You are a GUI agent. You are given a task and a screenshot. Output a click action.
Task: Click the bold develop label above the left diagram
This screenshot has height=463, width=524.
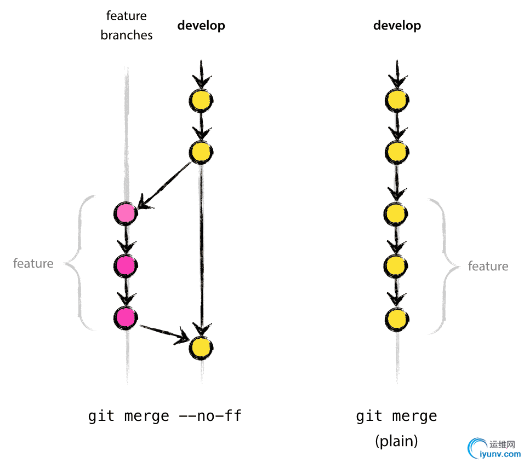[201, 26]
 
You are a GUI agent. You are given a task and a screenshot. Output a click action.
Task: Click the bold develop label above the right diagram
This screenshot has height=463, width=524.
[397, 26]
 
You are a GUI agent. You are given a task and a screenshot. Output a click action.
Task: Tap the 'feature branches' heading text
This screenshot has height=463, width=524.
[127, 26]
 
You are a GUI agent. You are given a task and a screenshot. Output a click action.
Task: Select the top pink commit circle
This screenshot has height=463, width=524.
[126, 213]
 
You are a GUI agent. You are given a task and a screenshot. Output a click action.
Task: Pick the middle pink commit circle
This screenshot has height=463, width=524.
[126, 265]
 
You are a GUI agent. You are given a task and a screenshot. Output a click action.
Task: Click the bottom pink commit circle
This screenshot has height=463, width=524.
[126, 317]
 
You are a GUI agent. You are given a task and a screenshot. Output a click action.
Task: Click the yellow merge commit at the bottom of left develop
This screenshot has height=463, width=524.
[201, 348]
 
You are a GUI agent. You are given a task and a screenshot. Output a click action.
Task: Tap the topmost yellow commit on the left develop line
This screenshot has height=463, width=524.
[201, 100]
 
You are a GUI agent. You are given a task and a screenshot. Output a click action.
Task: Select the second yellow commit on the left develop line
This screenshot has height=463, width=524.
[201, 152]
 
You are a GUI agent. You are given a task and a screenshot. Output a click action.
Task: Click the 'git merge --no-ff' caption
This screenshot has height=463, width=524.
[164, 416]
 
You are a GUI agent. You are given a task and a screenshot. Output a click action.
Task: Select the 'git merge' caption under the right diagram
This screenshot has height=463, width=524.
[397, 416]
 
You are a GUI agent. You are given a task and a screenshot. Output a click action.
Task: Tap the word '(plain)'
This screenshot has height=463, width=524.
[397, 441]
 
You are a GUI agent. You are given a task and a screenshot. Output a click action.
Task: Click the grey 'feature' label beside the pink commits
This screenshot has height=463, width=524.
[33, 264]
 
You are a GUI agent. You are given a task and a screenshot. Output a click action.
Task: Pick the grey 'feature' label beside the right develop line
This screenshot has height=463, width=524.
[488, 267]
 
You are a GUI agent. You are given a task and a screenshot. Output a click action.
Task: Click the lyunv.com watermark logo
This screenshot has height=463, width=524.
[493, 448]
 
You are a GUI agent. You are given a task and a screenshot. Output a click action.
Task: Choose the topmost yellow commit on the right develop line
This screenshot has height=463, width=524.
[397, 100]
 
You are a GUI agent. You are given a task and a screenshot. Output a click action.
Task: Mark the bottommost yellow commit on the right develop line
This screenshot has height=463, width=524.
[397, 319]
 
